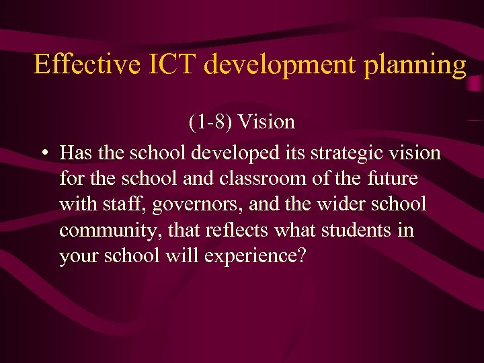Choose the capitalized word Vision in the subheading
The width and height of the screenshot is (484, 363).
267,122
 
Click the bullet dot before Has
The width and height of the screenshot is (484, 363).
42,154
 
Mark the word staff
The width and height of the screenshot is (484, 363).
122,205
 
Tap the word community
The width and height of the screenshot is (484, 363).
110,231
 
